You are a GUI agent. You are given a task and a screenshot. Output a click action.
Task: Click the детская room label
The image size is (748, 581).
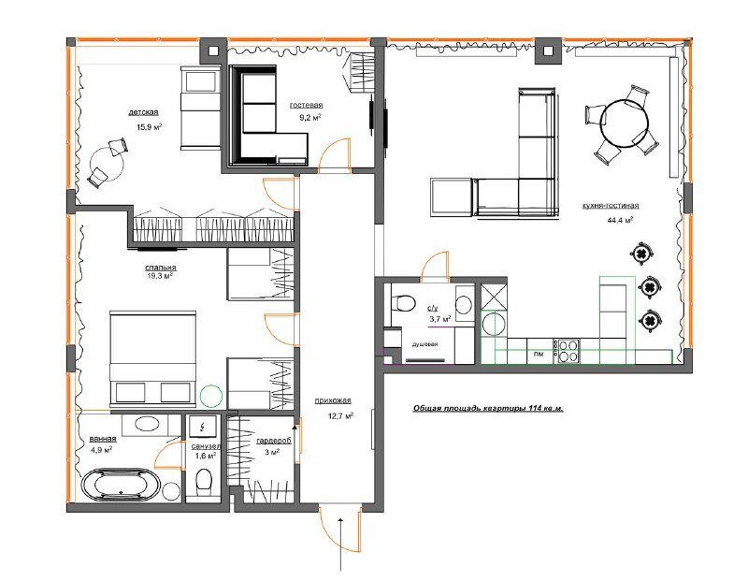pyautogui.click(x=143, y=112)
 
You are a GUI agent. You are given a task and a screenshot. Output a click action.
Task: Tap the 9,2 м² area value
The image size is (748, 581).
pyautogui.click(x=309, y=118)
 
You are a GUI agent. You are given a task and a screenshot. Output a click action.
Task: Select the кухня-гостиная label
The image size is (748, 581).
pyautogui.click(x=611, y=206)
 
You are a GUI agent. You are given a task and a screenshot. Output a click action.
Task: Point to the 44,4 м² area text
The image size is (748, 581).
pyautogui.click(x=620, y=220)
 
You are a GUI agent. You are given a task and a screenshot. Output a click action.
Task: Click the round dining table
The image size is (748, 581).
pyautogui.click(x=624, y=123)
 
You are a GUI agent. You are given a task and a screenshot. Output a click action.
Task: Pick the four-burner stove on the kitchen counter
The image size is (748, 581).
pyautogui.click(x=566, y=351)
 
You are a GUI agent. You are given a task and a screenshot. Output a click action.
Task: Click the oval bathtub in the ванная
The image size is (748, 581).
pyautogui.click(x=122, y=485)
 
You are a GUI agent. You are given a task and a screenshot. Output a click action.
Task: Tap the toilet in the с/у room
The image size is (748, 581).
pyautogui.click(x=403, y=303)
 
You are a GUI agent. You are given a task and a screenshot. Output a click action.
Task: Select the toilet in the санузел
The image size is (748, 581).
pyautogui.click(x=204, y=480)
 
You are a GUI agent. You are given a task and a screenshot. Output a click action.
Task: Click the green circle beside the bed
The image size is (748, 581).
pyautogui.click(x=211, y=396)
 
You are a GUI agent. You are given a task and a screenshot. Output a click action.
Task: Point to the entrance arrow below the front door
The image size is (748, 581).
pyautogui.click(x=340, y=544)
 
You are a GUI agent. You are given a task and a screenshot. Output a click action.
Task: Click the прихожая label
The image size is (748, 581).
pyautogui.click(x=333, y=401)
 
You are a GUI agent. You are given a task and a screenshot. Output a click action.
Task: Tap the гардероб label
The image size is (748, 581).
pyautogui.click(x=273, y=442)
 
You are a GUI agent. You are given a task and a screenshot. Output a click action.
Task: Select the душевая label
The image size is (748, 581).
pyautogui.click(x=424, y=344)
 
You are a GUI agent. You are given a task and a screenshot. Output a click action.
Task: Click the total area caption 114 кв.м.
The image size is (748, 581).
pyautogui.click(x=488, y=409)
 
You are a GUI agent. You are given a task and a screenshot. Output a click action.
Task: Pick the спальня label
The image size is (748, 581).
pyautogui.click(x=161, y=268)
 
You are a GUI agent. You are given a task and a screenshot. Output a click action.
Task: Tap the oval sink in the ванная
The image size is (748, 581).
pyautogui.click(x=148, y=424)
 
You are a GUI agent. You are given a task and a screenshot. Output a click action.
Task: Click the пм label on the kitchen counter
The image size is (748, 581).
pyautogui.click(x=539, y=355)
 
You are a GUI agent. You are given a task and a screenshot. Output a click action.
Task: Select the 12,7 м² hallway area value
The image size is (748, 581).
pyautogui.click(x=340, y=415)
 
